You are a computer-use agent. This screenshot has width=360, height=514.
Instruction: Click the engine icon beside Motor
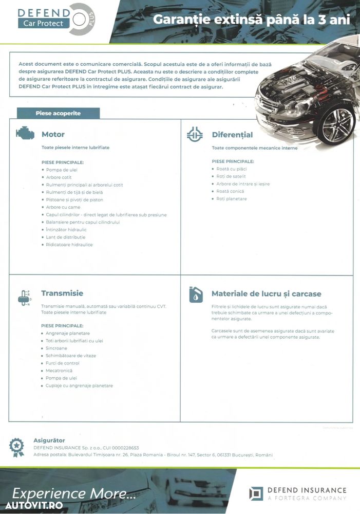tap(25, 134)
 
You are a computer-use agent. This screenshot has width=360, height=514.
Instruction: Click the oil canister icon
tap(195, 295)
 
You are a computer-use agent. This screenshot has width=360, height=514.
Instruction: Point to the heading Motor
tap(53, 134)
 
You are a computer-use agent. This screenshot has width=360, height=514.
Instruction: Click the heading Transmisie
tap(62, 293)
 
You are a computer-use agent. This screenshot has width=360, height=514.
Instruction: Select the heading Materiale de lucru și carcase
tap(266, 294)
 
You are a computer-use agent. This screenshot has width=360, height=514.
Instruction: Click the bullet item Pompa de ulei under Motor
tap(62, 170)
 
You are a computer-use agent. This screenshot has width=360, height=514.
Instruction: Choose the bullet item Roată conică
tap(230, 191)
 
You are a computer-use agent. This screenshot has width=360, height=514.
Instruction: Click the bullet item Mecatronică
tap(59, 371)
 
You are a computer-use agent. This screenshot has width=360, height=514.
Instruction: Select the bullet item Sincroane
tap(56, 348)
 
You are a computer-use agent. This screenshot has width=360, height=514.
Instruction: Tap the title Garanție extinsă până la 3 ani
tap(252, 20)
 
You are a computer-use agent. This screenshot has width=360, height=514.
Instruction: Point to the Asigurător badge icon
tap(17, 447)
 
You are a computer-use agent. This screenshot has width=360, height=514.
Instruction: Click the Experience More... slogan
tap(74, 493)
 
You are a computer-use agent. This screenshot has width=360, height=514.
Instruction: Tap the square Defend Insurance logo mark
tap(256, 493)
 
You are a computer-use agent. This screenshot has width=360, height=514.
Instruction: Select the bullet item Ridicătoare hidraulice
tap(69, 245)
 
